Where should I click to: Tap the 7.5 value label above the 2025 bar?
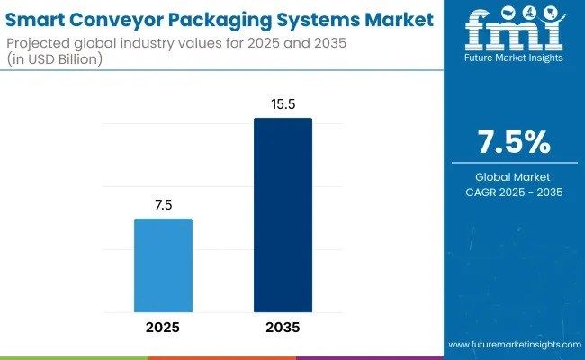(163, 204)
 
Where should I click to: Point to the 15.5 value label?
(283, 104)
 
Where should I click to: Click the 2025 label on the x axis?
(163, 327)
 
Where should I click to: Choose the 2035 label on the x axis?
(283, 327)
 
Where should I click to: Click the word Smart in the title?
(41, 19)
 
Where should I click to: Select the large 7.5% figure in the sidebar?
(514, 142)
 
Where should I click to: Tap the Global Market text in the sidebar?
(514, 177)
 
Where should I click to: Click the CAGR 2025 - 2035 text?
(514, 192)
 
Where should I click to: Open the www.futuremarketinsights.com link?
(513, 345)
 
